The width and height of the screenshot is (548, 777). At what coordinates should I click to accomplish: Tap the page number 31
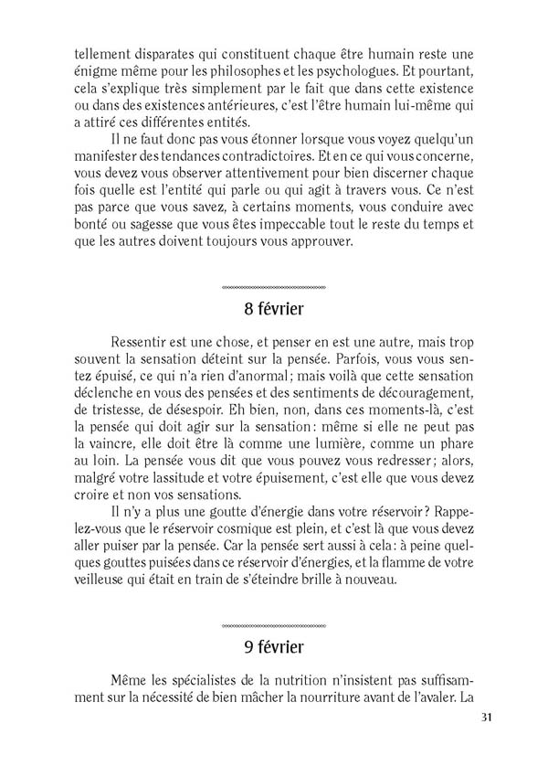tap(484, 742)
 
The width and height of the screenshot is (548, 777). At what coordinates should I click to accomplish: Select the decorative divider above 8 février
tap(274, 286)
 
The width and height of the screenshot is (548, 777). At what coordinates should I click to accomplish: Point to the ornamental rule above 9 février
tap(274, 626)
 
